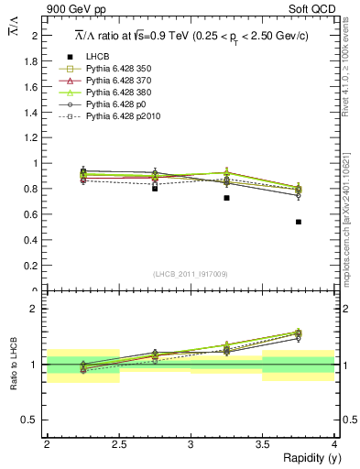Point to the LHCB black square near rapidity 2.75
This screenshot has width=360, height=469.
coord(155,189)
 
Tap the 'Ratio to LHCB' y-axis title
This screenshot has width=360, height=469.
coord(14,364)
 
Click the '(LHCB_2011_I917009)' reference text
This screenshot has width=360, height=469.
coord(191,273)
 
